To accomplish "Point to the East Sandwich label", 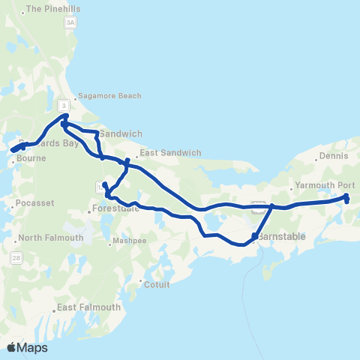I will pos(170,152).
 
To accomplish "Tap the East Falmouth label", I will pos(88,308).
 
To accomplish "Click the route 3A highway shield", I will pos(70,23).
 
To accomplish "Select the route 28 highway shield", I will pos(16,258).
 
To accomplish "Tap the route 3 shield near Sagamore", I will pos(64,105).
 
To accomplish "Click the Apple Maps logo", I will pos(27,348).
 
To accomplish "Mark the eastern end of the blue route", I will pos(346,198).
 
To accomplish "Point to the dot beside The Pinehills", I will pos(23,10).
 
